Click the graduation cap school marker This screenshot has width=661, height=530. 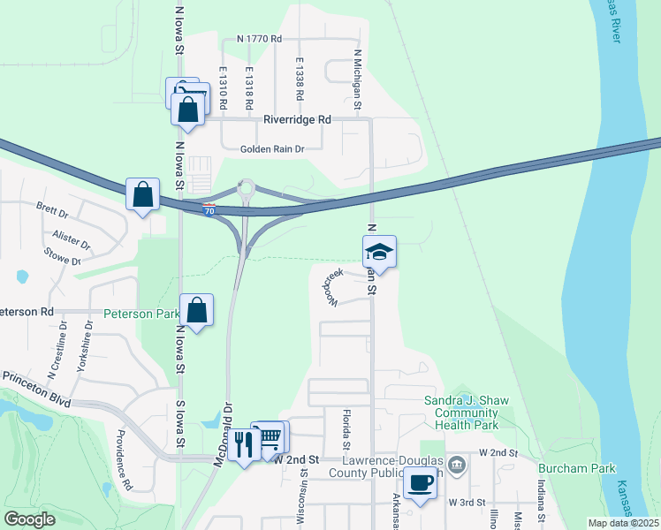(380, 252)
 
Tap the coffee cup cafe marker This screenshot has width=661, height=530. (420, 483)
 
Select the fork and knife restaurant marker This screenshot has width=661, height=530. (244, 444)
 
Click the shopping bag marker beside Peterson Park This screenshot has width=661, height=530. (196, 311)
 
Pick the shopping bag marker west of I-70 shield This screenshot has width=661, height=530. (143, 194)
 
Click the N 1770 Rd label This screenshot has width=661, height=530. (259, 40)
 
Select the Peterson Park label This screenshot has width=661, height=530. (141, 314)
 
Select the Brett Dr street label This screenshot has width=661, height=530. (52, 212)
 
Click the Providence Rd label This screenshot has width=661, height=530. (122, 458)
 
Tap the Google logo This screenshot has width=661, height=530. (29, 519)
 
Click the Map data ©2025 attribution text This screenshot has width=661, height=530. (623, 523)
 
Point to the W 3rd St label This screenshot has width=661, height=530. (468, 503)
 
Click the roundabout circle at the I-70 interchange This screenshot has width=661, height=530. (246, 187)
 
